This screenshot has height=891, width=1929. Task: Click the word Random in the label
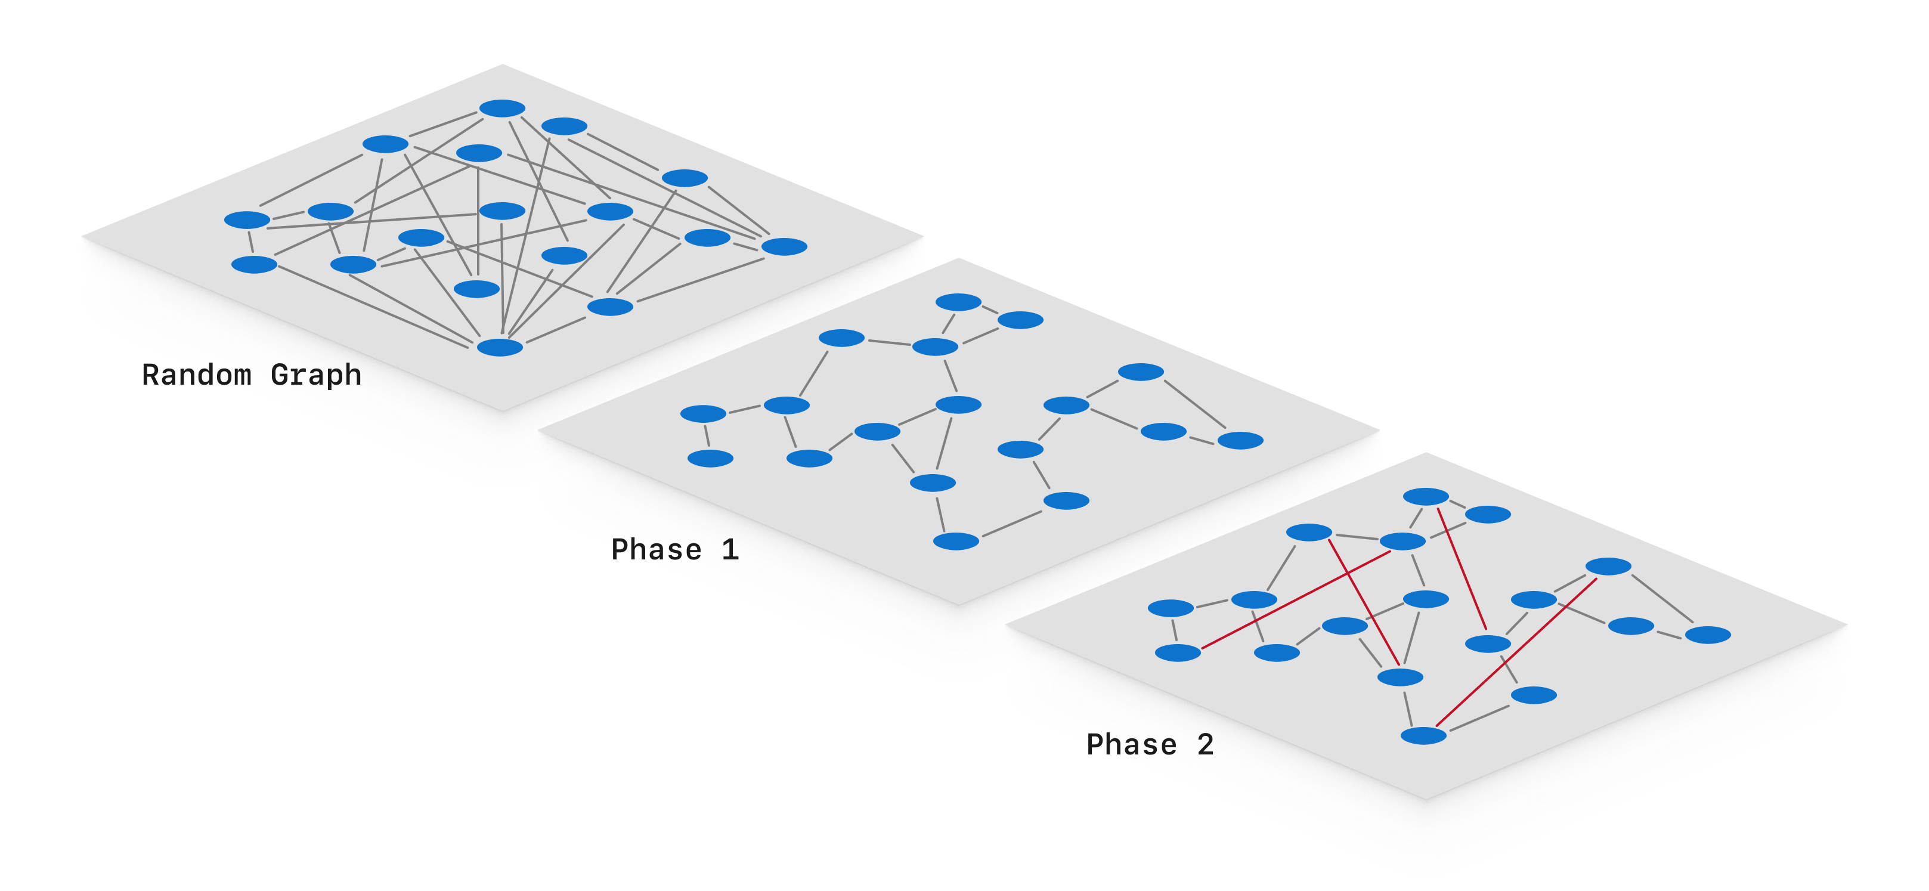196,375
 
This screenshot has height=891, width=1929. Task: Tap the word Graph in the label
315,375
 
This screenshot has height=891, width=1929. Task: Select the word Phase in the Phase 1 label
656,550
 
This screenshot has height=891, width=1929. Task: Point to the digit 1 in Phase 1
729,550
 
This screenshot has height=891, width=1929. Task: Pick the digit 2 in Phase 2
1205,744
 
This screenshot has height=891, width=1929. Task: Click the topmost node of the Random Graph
501,109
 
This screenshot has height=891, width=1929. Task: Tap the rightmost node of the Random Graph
784,246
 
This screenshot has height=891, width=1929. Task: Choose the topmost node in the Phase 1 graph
958,302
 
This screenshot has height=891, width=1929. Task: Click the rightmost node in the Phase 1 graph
1240,440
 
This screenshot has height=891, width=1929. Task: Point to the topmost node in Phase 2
1426,496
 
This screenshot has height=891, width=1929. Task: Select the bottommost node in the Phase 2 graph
1423,735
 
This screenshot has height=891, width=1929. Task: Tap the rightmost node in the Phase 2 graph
1707,635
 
